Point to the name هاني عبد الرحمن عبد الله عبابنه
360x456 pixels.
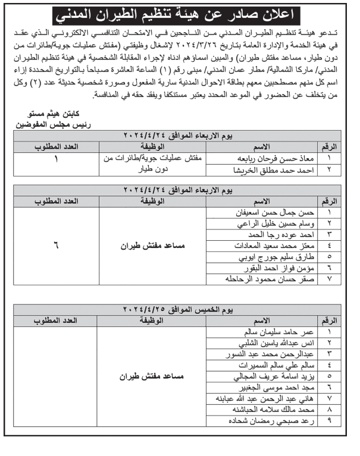click(x=275, y=399)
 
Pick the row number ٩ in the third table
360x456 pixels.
click(x=329, y=422)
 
